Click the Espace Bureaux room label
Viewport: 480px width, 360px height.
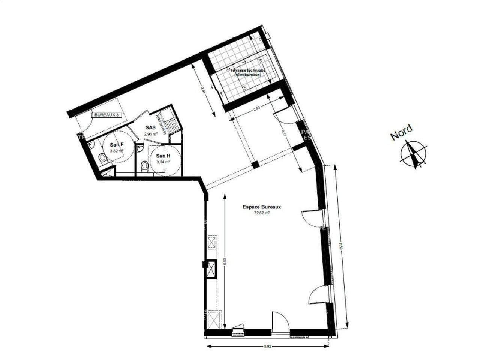coord(262,207)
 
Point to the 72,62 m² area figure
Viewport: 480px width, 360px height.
coord(262,213)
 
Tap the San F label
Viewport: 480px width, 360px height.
coord(117,145)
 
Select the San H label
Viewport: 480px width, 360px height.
coord(163,156)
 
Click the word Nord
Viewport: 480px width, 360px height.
coord(401,132)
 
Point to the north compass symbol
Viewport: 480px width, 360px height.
coord(413,154)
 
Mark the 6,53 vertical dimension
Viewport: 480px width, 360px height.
coord(225,261)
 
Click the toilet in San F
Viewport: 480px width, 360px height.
coord(102,159)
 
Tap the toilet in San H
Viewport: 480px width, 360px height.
coord(144,166)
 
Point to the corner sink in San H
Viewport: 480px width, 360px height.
coord(139,149)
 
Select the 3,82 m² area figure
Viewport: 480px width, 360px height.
coord(117,151)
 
